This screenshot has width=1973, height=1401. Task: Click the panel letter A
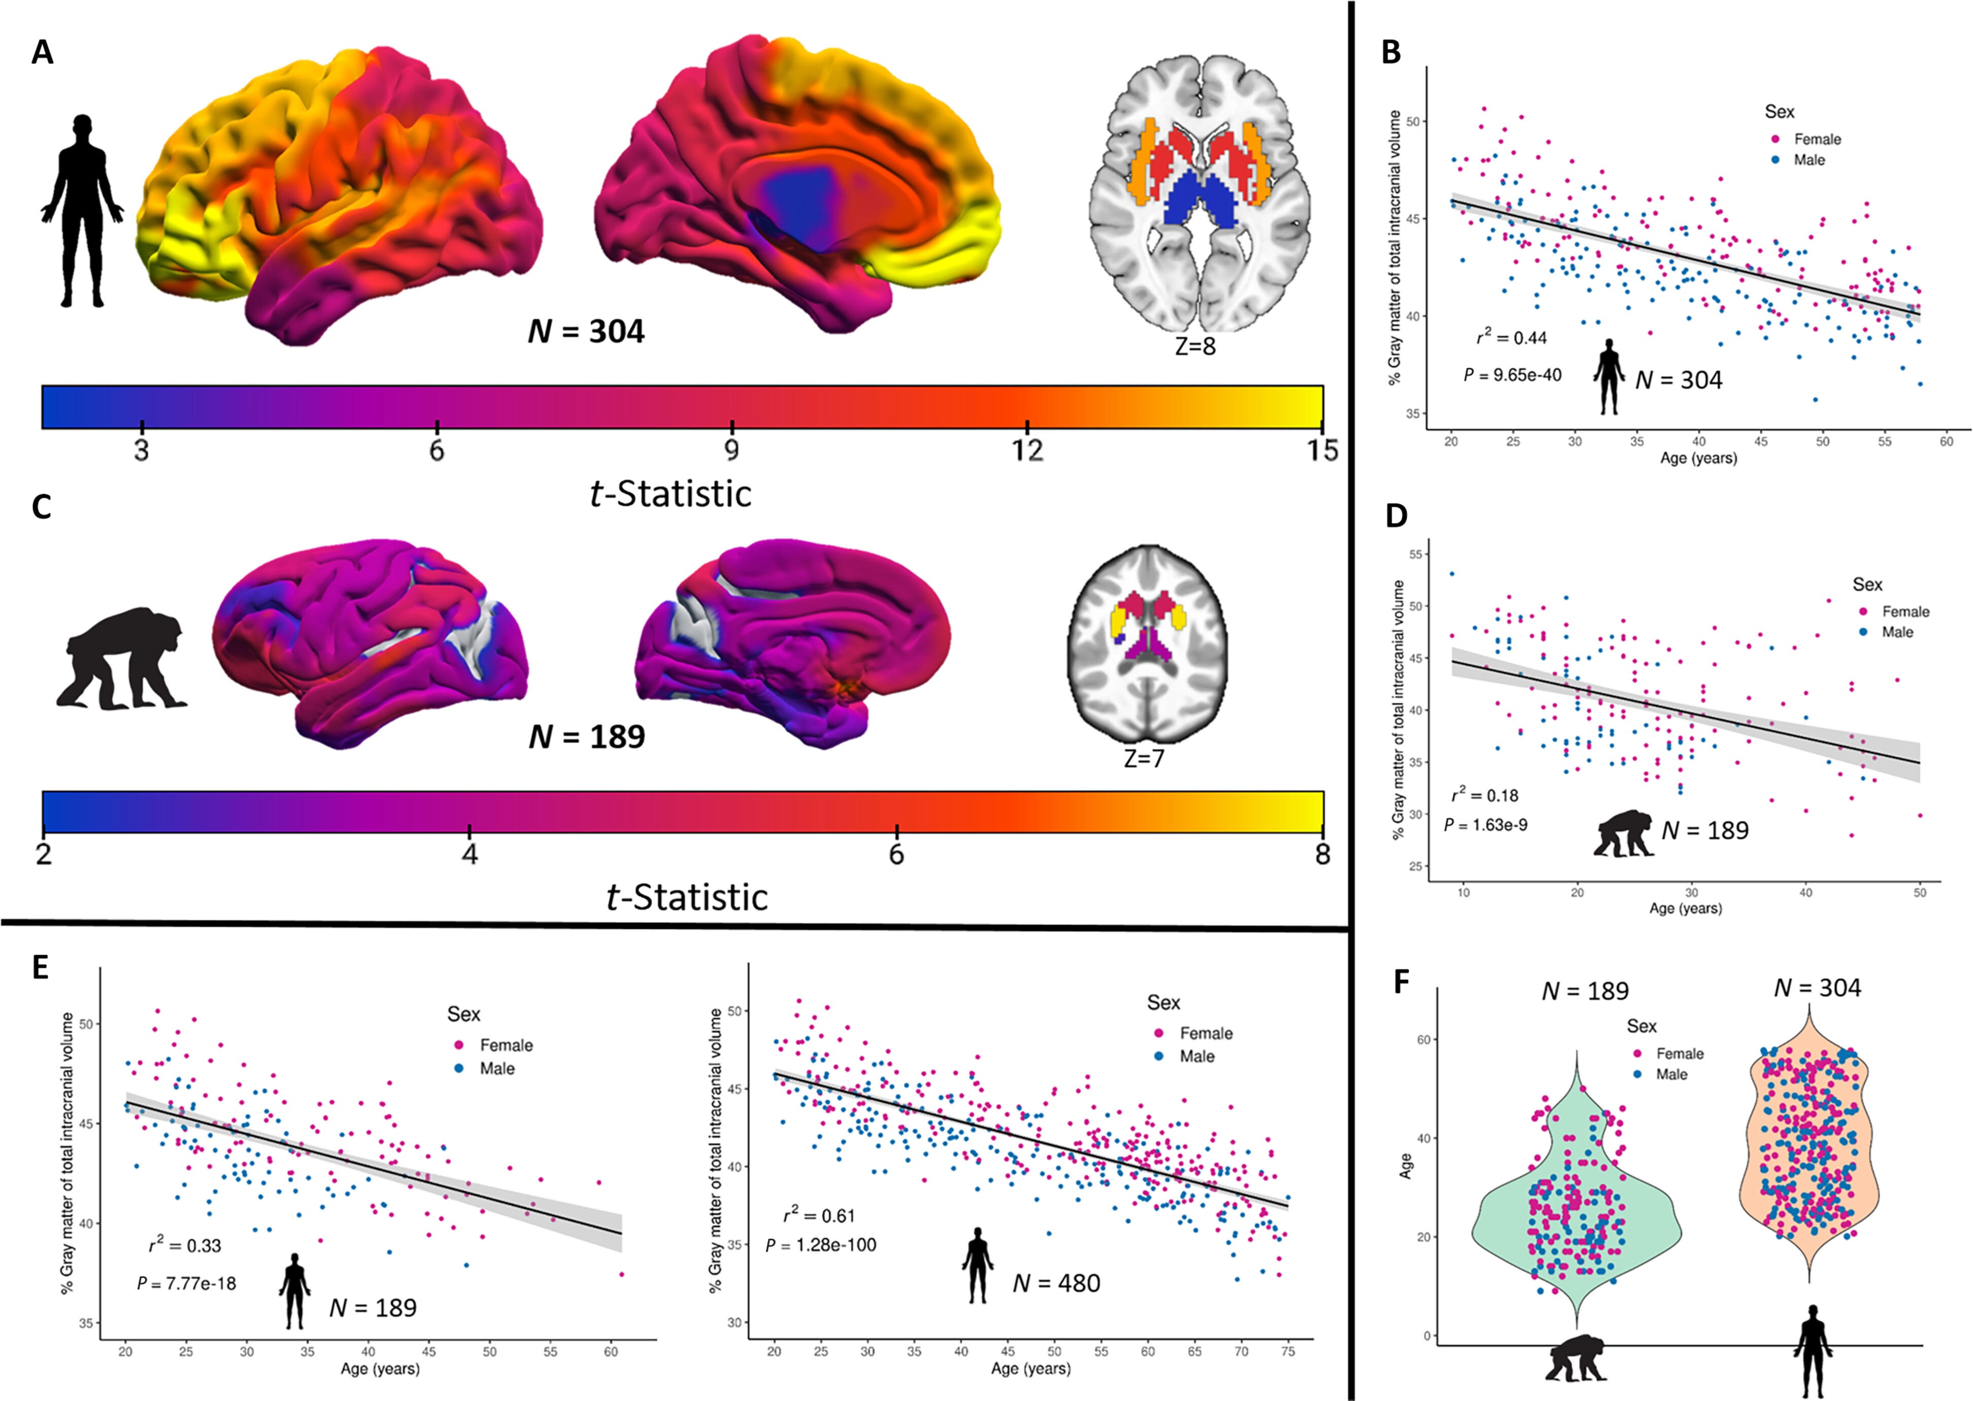[x=42, y=53]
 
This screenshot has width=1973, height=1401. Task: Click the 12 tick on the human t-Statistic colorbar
[x=1027, y=449]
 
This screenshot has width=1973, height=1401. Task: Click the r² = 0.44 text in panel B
[x=1511, y=337]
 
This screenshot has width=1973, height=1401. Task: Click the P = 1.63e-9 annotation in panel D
[x=1485, y=825]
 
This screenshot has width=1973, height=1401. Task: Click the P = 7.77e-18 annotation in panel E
[x=186, y=1284]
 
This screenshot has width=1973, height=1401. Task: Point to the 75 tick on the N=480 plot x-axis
[x=1288, y=1352]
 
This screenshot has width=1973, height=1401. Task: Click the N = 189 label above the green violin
[x=1585, y=991]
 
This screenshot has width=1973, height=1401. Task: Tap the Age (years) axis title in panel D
[x=1685, y=908]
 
